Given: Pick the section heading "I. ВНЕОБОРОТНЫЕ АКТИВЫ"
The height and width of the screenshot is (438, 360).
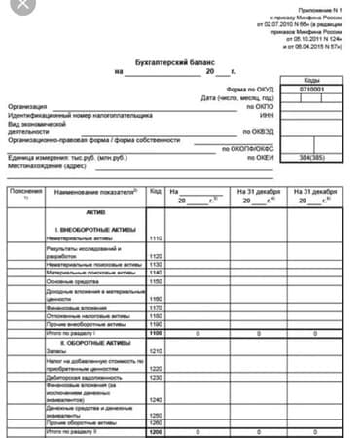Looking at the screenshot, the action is [92, 227].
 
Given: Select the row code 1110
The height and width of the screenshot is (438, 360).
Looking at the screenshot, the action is [156, 237].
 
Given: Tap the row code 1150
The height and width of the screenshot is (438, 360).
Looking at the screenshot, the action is [156, 281].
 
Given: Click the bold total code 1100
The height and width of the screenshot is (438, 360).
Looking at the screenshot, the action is [156, 333].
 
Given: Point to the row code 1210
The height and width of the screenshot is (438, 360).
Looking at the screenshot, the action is [156, 352].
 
